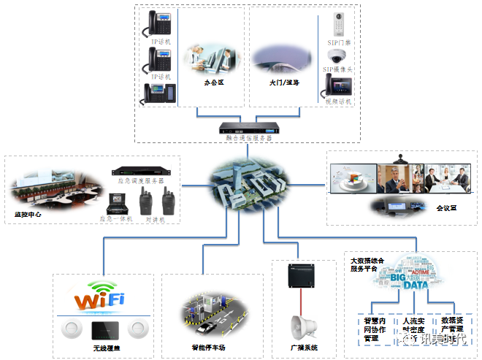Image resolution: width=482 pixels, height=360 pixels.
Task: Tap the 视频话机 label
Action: (x=338, y=102)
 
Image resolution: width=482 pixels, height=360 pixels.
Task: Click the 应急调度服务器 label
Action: (x=141, y=180)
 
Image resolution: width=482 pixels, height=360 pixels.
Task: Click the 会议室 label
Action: (x=446, y=208)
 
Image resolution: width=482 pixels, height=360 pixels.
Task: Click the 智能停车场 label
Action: (x=209, y=348)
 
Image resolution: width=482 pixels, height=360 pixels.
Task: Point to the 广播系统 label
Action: (x=302, y=348)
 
